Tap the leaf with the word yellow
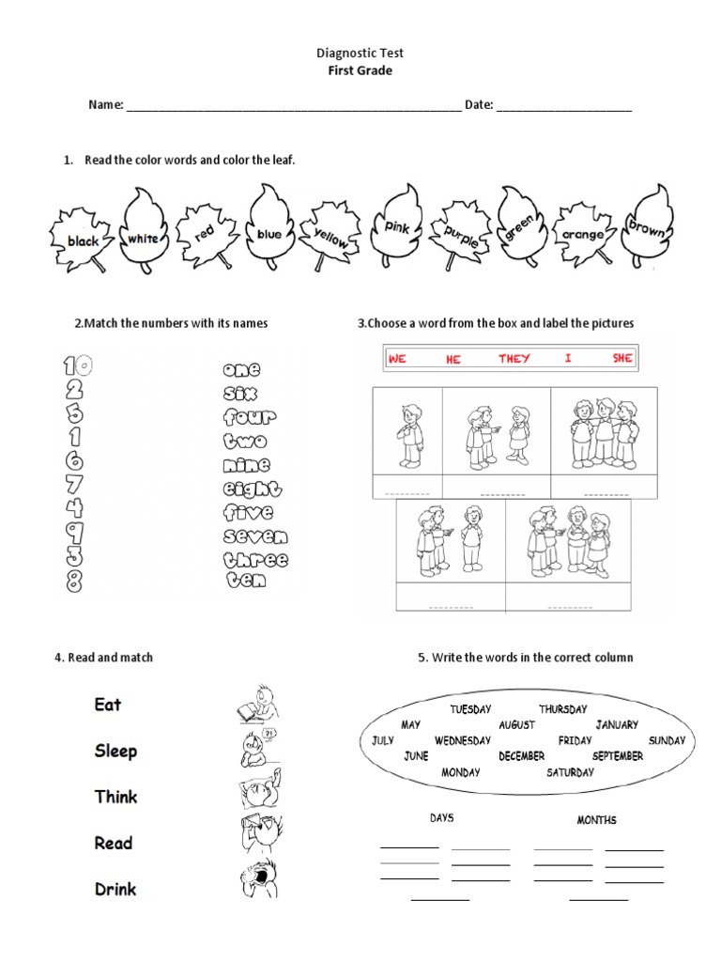330,235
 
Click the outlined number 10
77,365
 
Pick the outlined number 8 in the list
74,582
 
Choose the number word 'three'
255,560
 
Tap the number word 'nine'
247,465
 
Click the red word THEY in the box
514,359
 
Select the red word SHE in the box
622,359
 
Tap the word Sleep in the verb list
115,751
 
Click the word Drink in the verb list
115,889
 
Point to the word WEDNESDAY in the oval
463,740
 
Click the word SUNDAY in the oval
667,740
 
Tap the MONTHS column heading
596,820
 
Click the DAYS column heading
441,818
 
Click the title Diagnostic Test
360,54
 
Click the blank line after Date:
563,106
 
